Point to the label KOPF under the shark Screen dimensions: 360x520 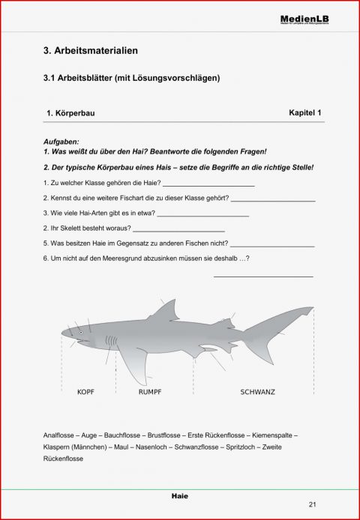85,392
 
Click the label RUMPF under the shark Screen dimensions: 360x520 150,392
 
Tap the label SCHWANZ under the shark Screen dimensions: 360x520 256,392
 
